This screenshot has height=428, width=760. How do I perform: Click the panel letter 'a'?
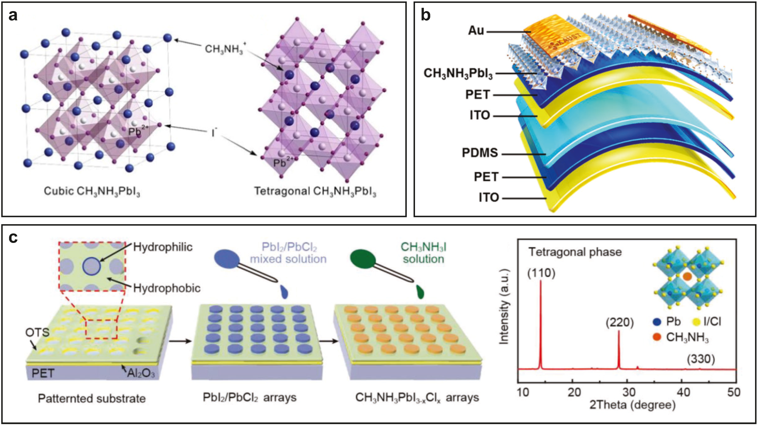point(13,15)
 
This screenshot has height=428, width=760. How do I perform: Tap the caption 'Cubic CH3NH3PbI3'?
point(92,192)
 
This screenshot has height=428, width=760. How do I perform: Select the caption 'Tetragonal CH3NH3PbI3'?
point(315,192)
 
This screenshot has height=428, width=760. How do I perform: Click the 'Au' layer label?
point(476,31)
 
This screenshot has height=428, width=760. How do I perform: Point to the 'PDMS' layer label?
point(480,153)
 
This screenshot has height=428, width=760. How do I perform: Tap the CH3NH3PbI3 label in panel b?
point(458,73)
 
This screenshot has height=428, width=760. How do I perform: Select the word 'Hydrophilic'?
point(163,247)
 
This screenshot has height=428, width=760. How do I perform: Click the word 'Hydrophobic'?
point(167,288)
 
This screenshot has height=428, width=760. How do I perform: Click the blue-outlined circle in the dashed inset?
point(92,266)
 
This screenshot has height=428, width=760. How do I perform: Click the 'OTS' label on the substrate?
point(37,333)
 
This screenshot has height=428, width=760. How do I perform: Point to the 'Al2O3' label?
point(141,373)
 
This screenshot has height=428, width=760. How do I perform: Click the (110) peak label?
point(541,273)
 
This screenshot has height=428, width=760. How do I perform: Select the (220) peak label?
point(620,323)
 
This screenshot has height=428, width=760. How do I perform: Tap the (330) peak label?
point(701,359)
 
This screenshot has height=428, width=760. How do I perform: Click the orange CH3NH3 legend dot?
point(657,337)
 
